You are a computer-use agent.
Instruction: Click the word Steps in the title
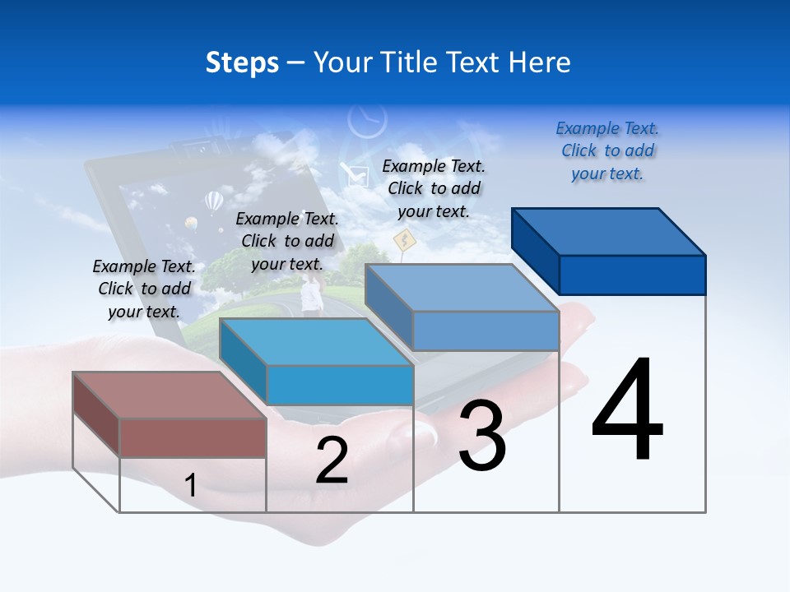(x=242, y=62)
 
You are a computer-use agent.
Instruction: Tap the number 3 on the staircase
(x=481, y=436)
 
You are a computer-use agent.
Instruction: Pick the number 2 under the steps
(x=332, y=460)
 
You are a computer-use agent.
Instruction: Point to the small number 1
(x=190, y=485)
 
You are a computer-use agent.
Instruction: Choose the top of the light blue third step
(x=462, y=288)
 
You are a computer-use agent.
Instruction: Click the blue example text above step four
(x=607, y=151)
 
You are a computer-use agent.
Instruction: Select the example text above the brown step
(x=144, y=289)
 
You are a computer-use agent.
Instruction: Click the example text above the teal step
(x=287, y=242)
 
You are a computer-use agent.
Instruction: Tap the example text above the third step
(x=434, y=189)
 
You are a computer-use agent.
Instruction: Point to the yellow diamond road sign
(x=403, y=240)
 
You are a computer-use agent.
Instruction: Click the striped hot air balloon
(x=213, y=201)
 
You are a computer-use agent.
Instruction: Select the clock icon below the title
(x=366, y=121)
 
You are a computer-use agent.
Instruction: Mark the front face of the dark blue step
(x=632, y=275)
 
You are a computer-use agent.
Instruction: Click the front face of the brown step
(x=193, y=437)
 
